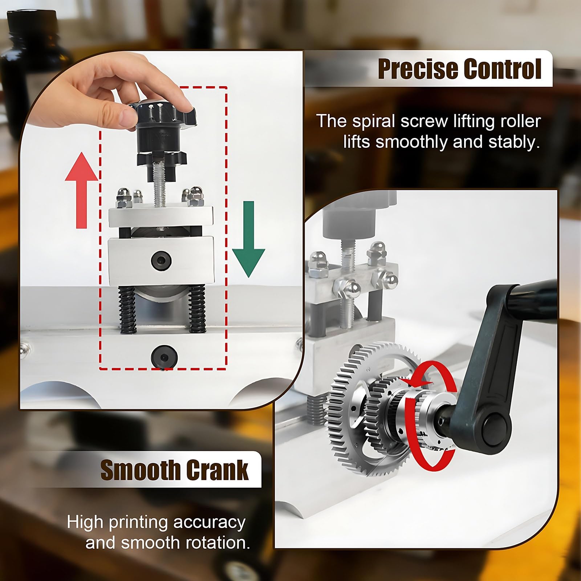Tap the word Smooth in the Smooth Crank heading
(x=140, y=470)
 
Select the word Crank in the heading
(x=217, y=470)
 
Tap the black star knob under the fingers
(x=161, y=113)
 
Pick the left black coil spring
(x=127, y=309)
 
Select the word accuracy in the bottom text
(x=210, y=522)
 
